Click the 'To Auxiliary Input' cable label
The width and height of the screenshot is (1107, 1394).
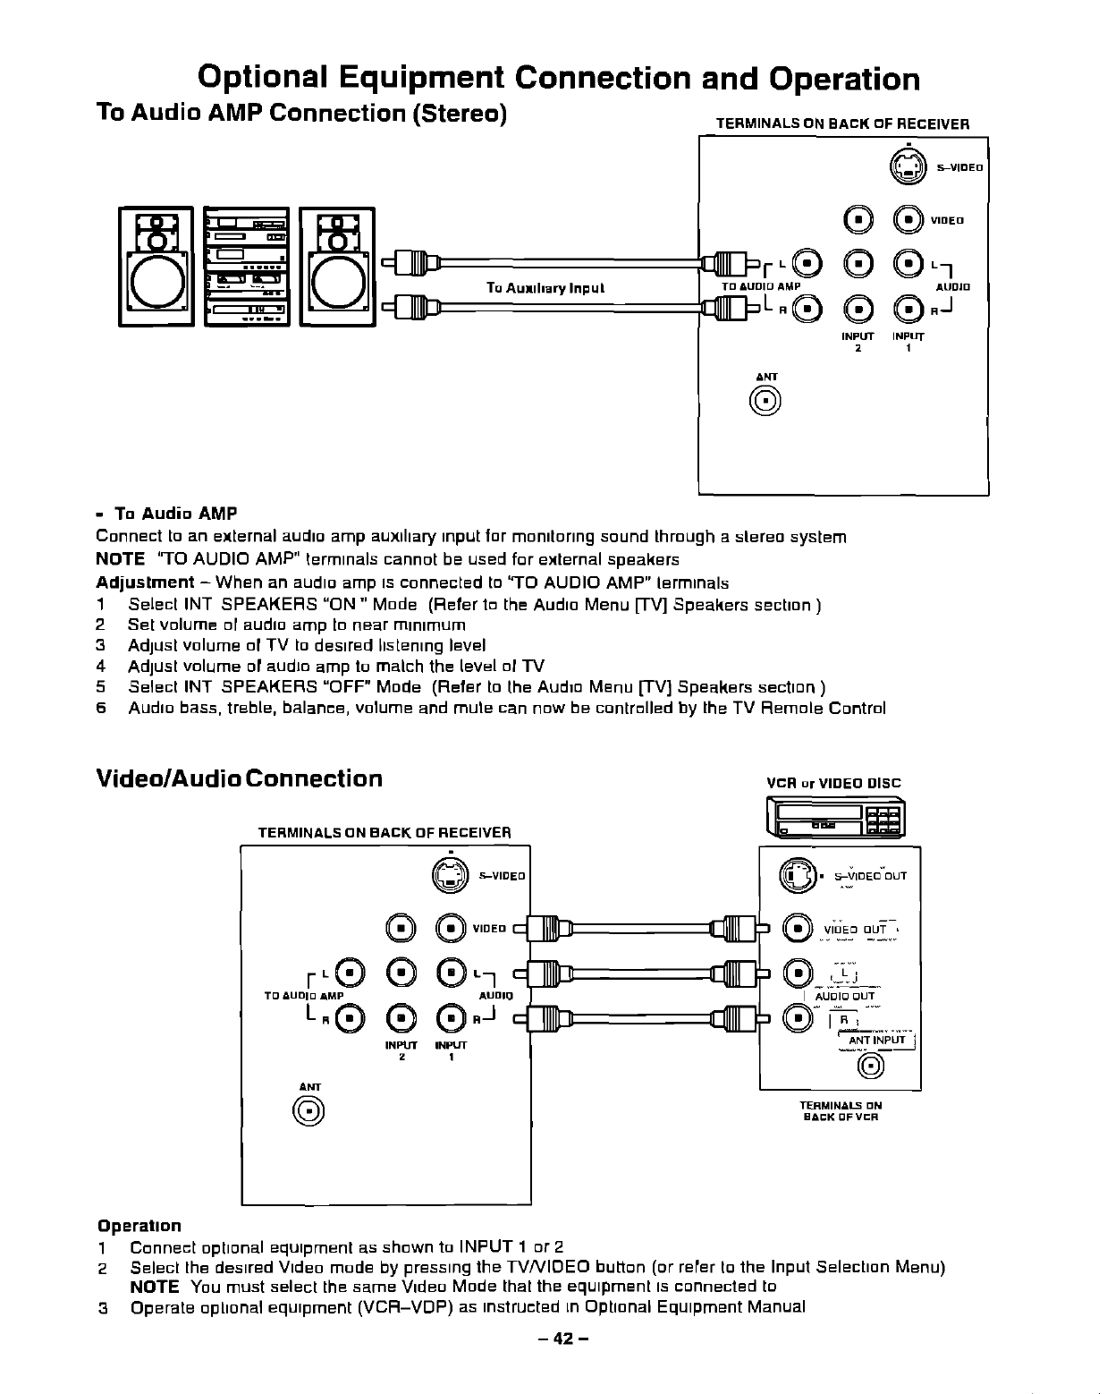pos(545,288)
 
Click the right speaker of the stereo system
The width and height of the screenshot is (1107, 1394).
pos(337,268)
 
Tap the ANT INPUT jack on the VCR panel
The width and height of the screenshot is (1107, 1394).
pos(871,1065)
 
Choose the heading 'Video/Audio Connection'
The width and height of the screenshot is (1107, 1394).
pos(239,778)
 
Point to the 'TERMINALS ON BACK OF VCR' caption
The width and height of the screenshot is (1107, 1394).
pos(841,1111)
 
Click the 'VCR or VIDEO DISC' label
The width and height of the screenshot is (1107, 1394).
pos(834,784)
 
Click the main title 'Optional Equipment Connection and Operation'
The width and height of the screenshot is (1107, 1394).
pos(559,79)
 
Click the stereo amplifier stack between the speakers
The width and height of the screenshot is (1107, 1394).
pos(246,268)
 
